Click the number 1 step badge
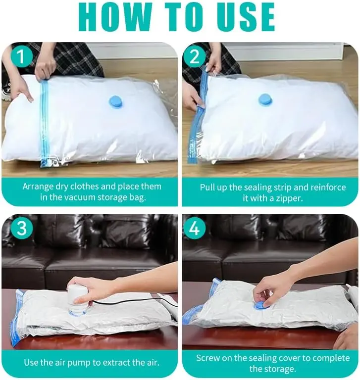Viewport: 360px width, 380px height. [21, 56]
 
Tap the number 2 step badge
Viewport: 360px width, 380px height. [194, 57]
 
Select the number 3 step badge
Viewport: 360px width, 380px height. [21, 228]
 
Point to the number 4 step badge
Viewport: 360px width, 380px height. [194, 228]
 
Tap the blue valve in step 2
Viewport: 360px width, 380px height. [265, 99]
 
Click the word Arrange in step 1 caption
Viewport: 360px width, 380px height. [38, 187]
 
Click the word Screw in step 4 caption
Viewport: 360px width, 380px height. [208, 358]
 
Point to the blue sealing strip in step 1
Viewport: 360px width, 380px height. [44, 123]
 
